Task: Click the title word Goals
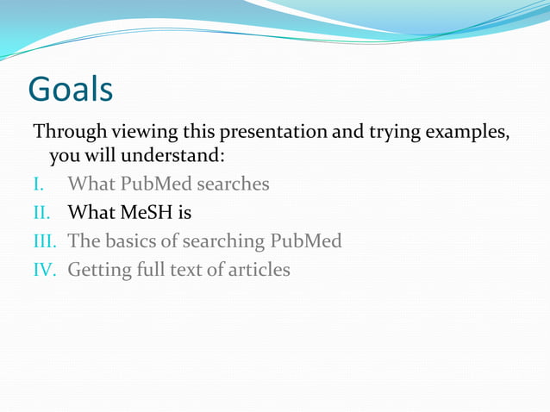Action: click(x=70, y=89)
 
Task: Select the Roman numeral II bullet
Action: click(x=42, y=212)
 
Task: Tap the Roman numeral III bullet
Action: click(x=47, y=240)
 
